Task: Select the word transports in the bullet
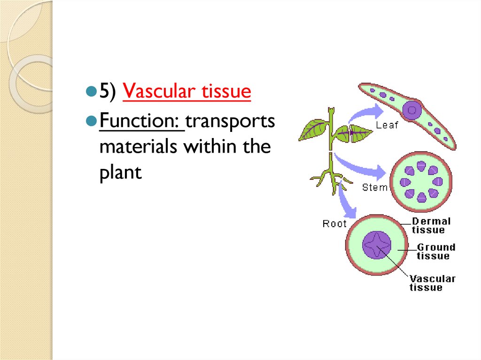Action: click(230, 122)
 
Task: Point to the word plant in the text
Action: click(120, 173)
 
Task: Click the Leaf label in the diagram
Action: click(387, 125)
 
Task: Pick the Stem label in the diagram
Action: click(375, 187)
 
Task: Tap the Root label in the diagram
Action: click(334, 224)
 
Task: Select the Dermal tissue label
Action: click(430, 225)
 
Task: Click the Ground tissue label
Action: click(435, 251)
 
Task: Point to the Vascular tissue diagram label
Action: click(432, 283)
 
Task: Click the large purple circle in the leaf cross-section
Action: click(413, 110)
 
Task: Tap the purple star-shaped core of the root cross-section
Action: click(377, 245)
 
